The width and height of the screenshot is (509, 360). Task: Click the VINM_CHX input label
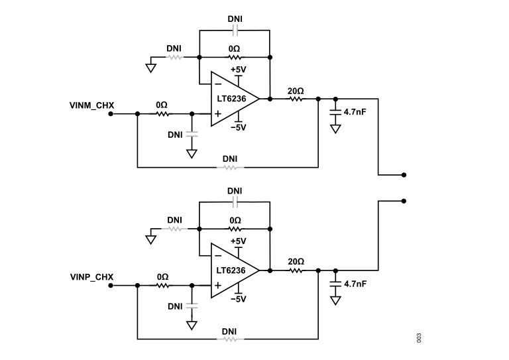(x=91, y=105)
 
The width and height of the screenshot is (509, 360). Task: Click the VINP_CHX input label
(x=91, y=276)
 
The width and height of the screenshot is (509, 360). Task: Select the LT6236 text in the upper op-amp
(x=230, y=99)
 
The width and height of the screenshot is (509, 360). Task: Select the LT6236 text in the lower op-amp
(x=230, y=270)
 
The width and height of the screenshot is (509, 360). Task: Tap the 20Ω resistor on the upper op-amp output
(x=296, y=99)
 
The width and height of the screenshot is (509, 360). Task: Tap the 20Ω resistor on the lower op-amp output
(x=296, y=270)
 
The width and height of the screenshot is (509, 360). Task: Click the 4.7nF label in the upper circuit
(x=356, y=112)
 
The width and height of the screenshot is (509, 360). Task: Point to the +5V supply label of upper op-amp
(x=238, y=70)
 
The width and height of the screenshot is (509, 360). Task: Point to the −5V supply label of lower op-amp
(x=238, y=299)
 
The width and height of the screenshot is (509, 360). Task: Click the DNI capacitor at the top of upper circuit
(x=235, y=30)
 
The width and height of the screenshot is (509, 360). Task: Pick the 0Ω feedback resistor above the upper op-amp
(x=235, y=58)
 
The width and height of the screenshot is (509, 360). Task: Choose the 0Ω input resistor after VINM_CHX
(x=162, y=114)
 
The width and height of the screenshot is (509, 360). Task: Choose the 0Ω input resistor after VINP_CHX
(x=162, y=286)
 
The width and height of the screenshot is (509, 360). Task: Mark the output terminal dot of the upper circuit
(x=404, y=175)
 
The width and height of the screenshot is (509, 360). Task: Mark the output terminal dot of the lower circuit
(x=404, y=200)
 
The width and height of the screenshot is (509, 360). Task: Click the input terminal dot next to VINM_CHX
(x=111, y=114)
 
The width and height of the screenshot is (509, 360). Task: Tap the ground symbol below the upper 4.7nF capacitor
(x=335, y=129)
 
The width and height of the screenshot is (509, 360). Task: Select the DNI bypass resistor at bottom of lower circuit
(x=230, y=339)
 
